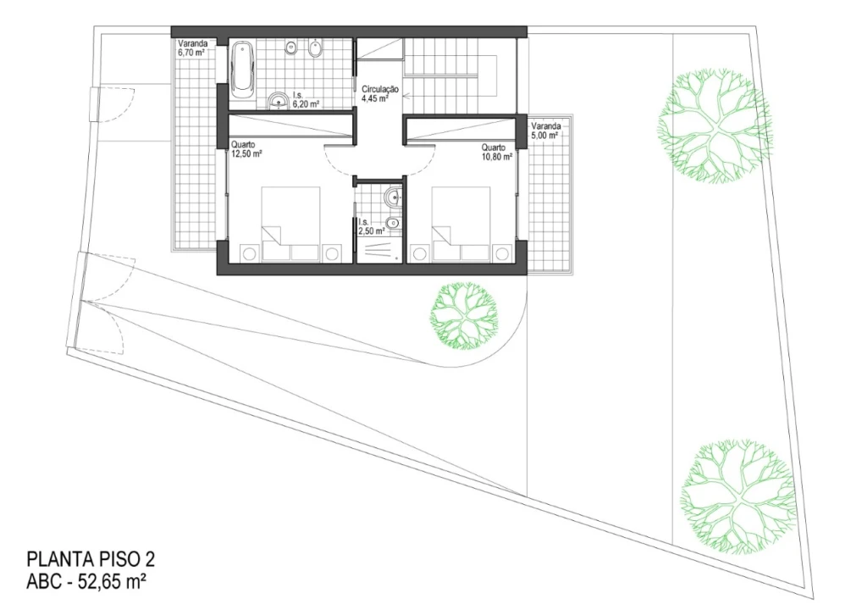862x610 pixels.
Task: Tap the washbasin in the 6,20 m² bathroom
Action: [x=279, y=101]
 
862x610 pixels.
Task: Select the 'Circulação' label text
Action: [x=380, y=89]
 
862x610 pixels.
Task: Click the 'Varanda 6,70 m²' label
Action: [x=192, y=48]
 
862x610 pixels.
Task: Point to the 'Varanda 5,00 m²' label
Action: [x=546, y=130]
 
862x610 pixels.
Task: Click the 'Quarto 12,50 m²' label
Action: [x=246, y=150]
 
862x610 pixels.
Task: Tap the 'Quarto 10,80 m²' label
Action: [x=496, y=152]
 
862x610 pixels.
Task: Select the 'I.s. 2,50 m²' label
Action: [x=371, y=226]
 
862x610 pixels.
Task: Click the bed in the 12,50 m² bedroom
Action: [x=290, y=224]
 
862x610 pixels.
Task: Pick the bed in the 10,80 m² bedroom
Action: [x=461, y=224]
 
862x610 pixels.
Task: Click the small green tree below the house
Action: [x=464, y=316]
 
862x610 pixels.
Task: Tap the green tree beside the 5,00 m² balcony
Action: [x=714, y=126]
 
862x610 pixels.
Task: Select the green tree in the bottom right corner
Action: [x=738, y=495]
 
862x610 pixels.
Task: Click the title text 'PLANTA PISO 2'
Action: [x=91, y=559]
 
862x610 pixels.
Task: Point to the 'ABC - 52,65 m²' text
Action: [x=86, y=581]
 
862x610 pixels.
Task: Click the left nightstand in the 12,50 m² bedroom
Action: [x=248, y=253]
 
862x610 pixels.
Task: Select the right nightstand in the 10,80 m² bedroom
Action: [x=501, y=253]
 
